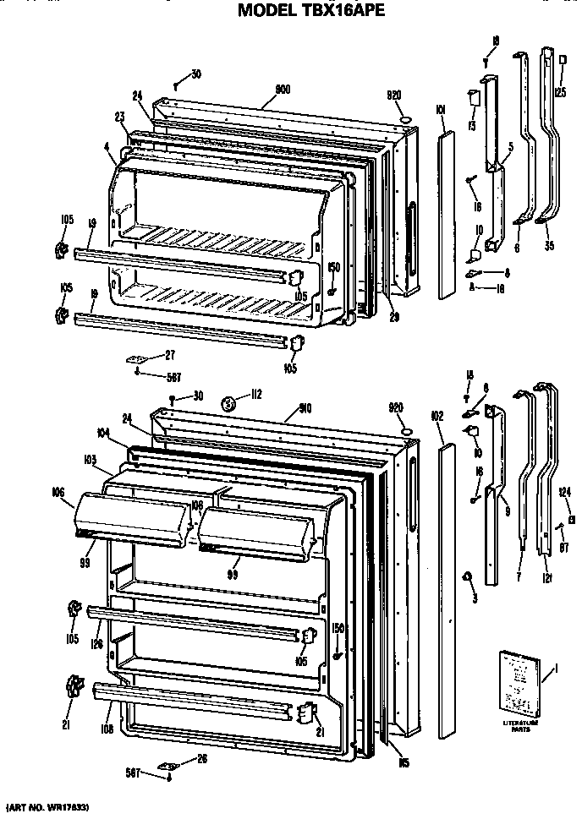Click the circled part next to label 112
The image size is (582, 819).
click(x=228, y=404)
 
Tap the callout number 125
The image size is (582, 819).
click(x=559, y=91)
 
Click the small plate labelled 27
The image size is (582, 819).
click(x=136, y=359)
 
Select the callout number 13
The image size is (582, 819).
click(x=470, y=128)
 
